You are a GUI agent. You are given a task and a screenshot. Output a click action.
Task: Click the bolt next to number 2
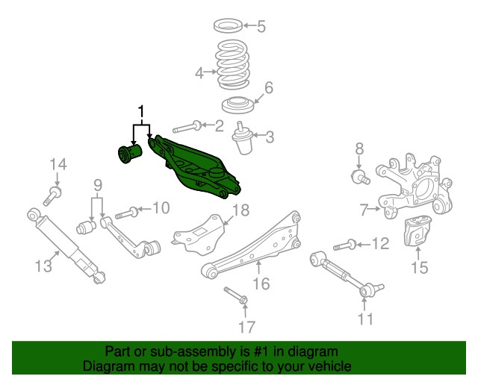point(187,127)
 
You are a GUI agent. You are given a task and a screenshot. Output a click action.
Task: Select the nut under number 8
point(359,177)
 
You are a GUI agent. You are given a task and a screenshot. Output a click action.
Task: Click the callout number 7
point(364,210)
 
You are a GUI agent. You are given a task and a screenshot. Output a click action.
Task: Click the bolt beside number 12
point(344,244)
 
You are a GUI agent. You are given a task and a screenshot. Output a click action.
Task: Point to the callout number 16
point(260,284)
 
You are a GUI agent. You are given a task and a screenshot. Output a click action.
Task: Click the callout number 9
point(97,185)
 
